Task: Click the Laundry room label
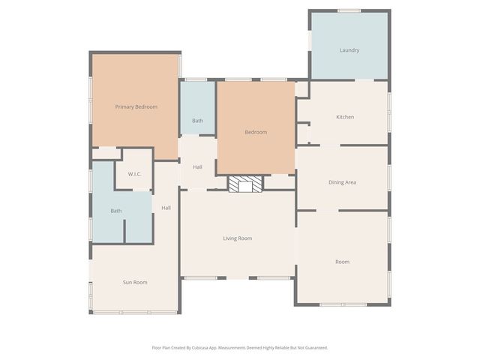click(349, 50)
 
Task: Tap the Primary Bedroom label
click(136, 106)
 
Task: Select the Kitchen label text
click(345, 117)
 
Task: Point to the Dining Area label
click(342, 182)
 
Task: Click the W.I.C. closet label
click(135, 174)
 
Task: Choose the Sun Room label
click(135, 282)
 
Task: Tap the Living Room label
click(237, 238)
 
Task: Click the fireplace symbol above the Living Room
click(246, 184)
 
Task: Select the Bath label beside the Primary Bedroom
click(197, 121)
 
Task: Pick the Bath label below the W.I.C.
click(116, 211)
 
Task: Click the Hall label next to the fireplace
click(197, 166)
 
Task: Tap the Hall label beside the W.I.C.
click(166, 208)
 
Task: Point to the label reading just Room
click(342, 262)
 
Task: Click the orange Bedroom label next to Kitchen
click(256, 132)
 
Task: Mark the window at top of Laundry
click(349, 10)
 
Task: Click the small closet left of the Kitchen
click(303, 133)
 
